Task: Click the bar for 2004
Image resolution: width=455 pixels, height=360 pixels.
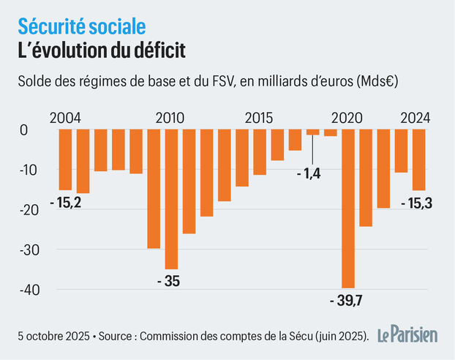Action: click(65, 160)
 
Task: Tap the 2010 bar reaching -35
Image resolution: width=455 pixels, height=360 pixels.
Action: click(171, 199)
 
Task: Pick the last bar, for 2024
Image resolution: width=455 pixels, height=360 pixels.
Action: click(418, 160)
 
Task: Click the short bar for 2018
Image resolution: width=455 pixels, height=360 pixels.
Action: click(313, 132)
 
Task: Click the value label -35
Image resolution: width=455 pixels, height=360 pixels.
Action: click(170, 281)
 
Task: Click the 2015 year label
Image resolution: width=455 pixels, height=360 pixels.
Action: click(259, 117)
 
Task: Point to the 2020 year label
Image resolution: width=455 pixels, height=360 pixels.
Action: click(347, 117)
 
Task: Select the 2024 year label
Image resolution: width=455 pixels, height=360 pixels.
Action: click(415, 117)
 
